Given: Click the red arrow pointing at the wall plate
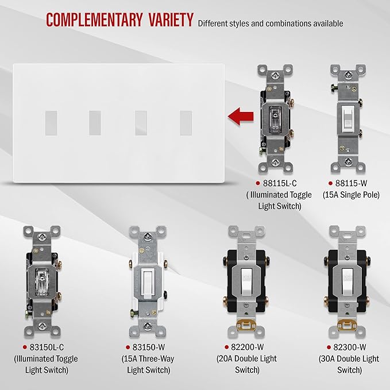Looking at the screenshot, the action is click(x=241, y=117).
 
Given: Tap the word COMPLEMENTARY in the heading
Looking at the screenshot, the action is click(x=94, y=20).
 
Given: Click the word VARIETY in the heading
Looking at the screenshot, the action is click(x=171, y=20).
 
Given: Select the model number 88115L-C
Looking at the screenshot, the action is click(x=280, y=183).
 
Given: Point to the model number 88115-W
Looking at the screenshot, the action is click(x=351, y=183).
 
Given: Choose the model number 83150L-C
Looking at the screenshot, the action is click(x=47, y=347).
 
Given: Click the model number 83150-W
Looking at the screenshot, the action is click(x=149, y=347).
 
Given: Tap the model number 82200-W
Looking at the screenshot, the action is click(x=247, y=347).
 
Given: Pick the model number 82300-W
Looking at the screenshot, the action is click(x=349, y=347).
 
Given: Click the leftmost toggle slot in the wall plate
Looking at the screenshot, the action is click(x=51, y=123).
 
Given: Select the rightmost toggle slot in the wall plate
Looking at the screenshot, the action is click(x=186, y=123).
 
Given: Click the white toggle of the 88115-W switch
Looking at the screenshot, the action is click(x=348, y=119).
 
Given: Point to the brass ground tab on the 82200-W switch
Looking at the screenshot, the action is click(x=246, y=325).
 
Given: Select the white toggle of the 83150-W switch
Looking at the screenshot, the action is click(x=148, y=284).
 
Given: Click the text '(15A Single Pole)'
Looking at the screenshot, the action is click(x=351, y=195).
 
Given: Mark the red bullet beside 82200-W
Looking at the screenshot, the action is click(x=226, y=347).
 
